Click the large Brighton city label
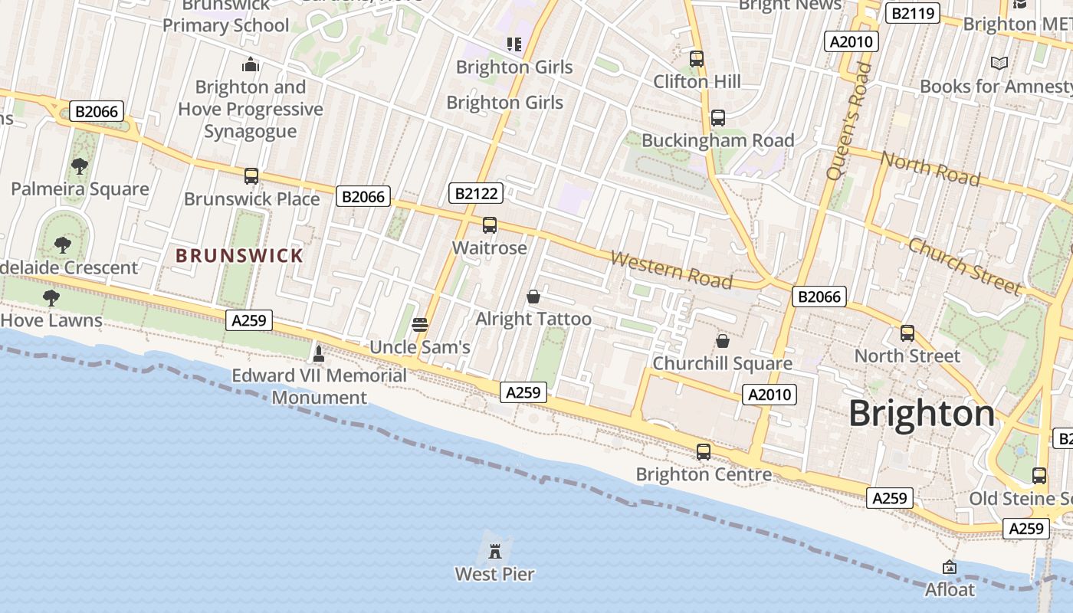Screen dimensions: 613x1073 click(921, 414)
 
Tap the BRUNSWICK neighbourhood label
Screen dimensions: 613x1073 click(239, 256)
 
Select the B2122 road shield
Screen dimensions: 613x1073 click(476, 193)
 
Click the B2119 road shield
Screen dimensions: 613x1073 click(912, 12)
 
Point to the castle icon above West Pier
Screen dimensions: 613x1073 click(495, 549)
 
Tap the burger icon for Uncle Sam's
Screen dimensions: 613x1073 click(419, 324)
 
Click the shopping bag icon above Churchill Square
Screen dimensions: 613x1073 click(722, 341)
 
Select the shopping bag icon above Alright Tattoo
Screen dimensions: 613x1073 click(533, 297)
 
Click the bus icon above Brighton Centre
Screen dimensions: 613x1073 click(704, 452)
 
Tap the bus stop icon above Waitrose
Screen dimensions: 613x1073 click(489, 225)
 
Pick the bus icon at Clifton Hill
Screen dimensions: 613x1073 click(696, 58)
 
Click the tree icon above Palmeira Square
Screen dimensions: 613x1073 click(79, 166)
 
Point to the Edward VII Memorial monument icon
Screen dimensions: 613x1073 click(319, 353)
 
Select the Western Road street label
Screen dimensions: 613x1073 click(671, 268)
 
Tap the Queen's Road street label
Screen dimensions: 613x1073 click(848, 121)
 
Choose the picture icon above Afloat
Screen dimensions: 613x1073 click(950, 567)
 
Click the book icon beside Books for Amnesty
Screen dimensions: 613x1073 click(999, 63)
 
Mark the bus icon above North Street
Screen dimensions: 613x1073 click(907, 333)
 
